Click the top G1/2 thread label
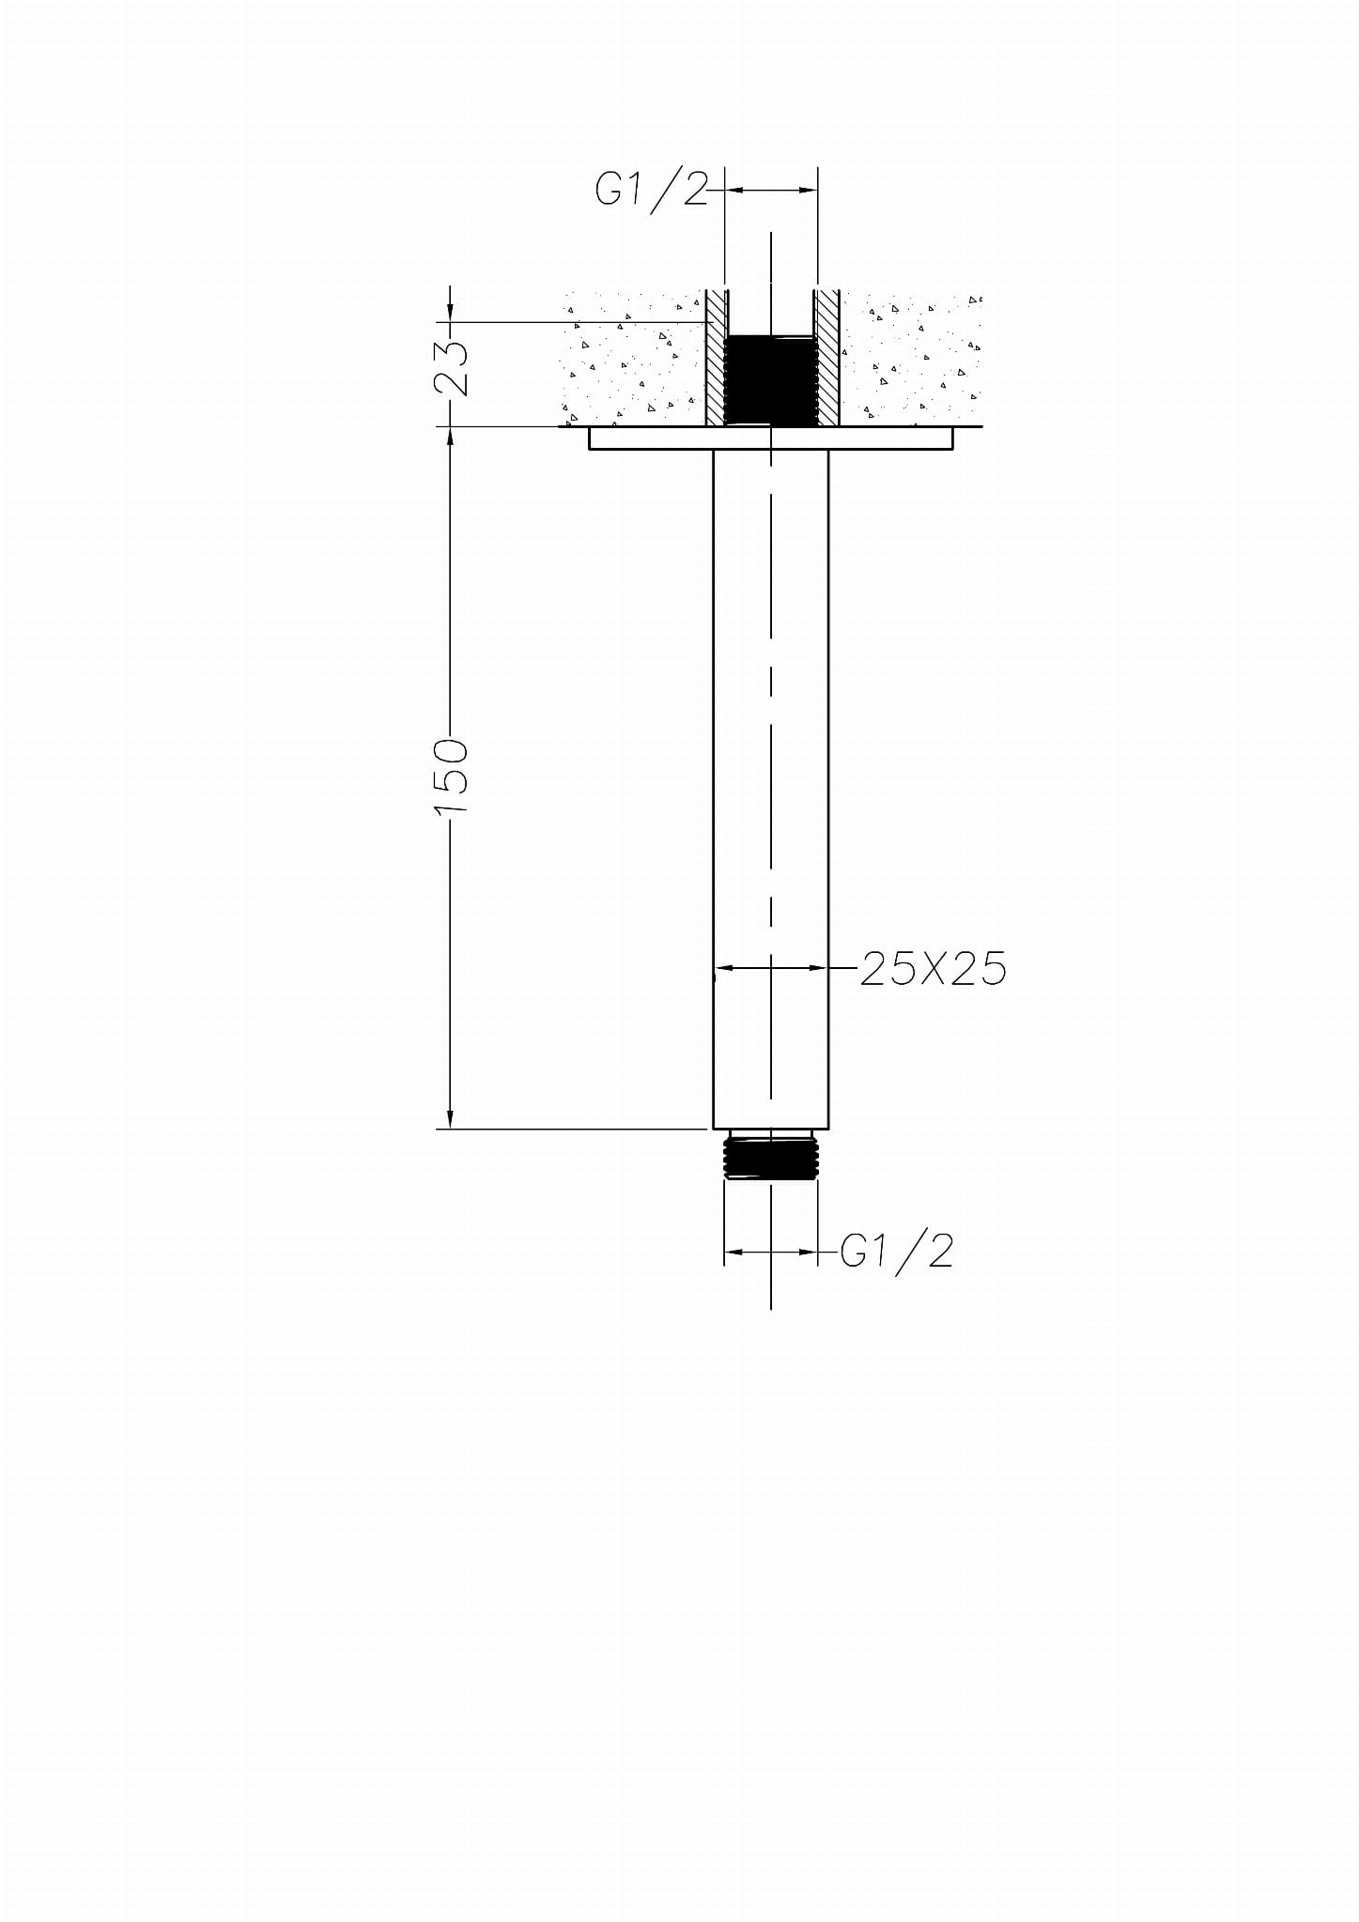tap(651, 191)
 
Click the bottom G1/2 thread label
tap(897, 1252)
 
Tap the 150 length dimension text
tap(452, 777)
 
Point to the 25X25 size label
tap(933, 968)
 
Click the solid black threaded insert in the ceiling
tap(770, 379)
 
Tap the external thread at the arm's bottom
tap(770, 1157)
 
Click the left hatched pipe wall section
tap(718, 358)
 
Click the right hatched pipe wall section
tap(826, 358)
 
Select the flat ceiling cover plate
tap(771, 438)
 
